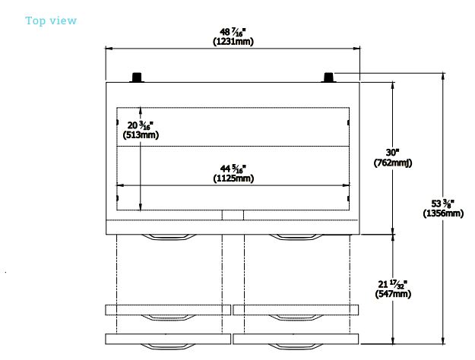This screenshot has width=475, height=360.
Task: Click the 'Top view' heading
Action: (51, 21)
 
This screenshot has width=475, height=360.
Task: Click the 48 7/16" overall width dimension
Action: (233, 32)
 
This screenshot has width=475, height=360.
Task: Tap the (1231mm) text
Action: (233, 42)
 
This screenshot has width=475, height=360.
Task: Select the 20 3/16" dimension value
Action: (141, 125)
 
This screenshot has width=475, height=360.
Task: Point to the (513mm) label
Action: (141, 134)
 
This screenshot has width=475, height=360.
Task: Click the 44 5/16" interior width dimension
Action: (233, 169)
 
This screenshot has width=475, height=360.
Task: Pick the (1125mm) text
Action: (233, 178)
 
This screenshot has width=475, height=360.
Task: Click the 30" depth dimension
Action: (393, 153)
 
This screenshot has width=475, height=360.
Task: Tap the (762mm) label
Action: (393, 163)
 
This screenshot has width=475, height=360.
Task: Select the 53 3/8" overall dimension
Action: (443, 204)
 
